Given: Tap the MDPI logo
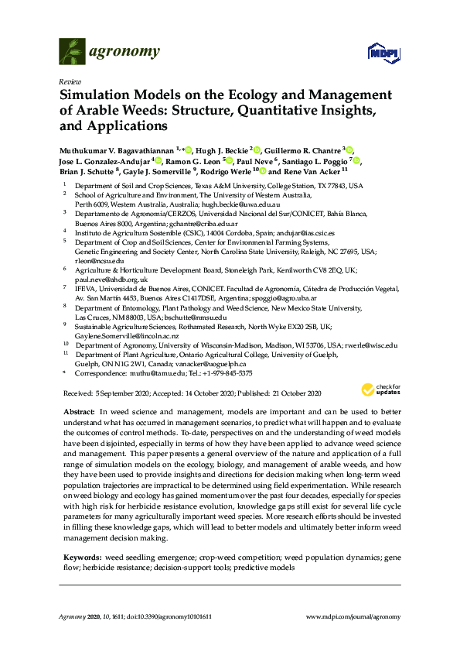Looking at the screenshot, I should (383, 53).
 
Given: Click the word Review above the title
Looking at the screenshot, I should (70, 81).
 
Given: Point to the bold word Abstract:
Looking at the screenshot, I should (78, 412).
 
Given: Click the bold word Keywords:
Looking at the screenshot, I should (80, 536).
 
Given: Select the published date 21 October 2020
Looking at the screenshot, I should (296, 393).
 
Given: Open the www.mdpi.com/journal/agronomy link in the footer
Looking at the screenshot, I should (354, 616).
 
